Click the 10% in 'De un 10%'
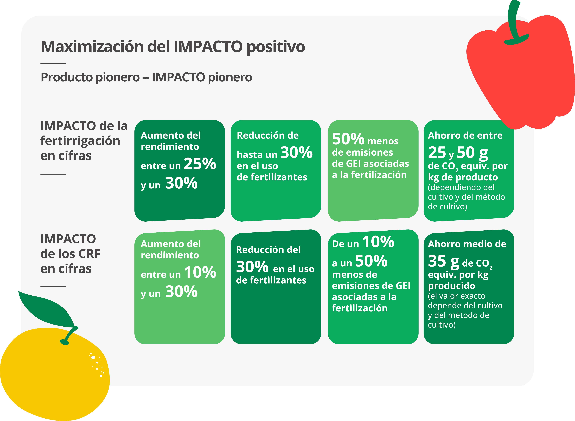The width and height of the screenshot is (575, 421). point(378,242)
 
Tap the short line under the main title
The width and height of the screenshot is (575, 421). point(53,63)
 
